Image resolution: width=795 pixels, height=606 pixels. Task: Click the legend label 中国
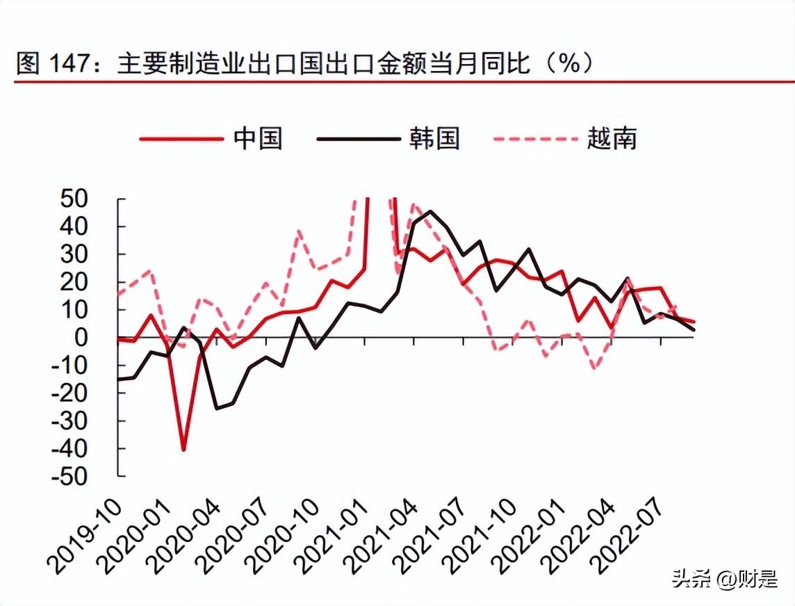[x=258, y=138]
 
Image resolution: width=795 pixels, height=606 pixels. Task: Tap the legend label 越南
[x=612, y=138]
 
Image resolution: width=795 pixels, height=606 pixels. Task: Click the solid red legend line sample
[x=180, y=139]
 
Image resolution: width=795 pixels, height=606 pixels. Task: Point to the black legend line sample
[x=357, y=139]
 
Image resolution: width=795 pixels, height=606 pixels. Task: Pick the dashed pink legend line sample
[x=535, y=139]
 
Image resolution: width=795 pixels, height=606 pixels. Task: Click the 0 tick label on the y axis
[x=99, y=338]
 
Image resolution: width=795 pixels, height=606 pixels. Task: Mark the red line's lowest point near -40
[x=183, y=450]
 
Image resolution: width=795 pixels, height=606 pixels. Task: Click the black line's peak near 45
[x=429, y=211]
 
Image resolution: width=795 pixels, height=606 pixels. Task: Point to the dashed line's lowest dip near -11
[x=594, y=368]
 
